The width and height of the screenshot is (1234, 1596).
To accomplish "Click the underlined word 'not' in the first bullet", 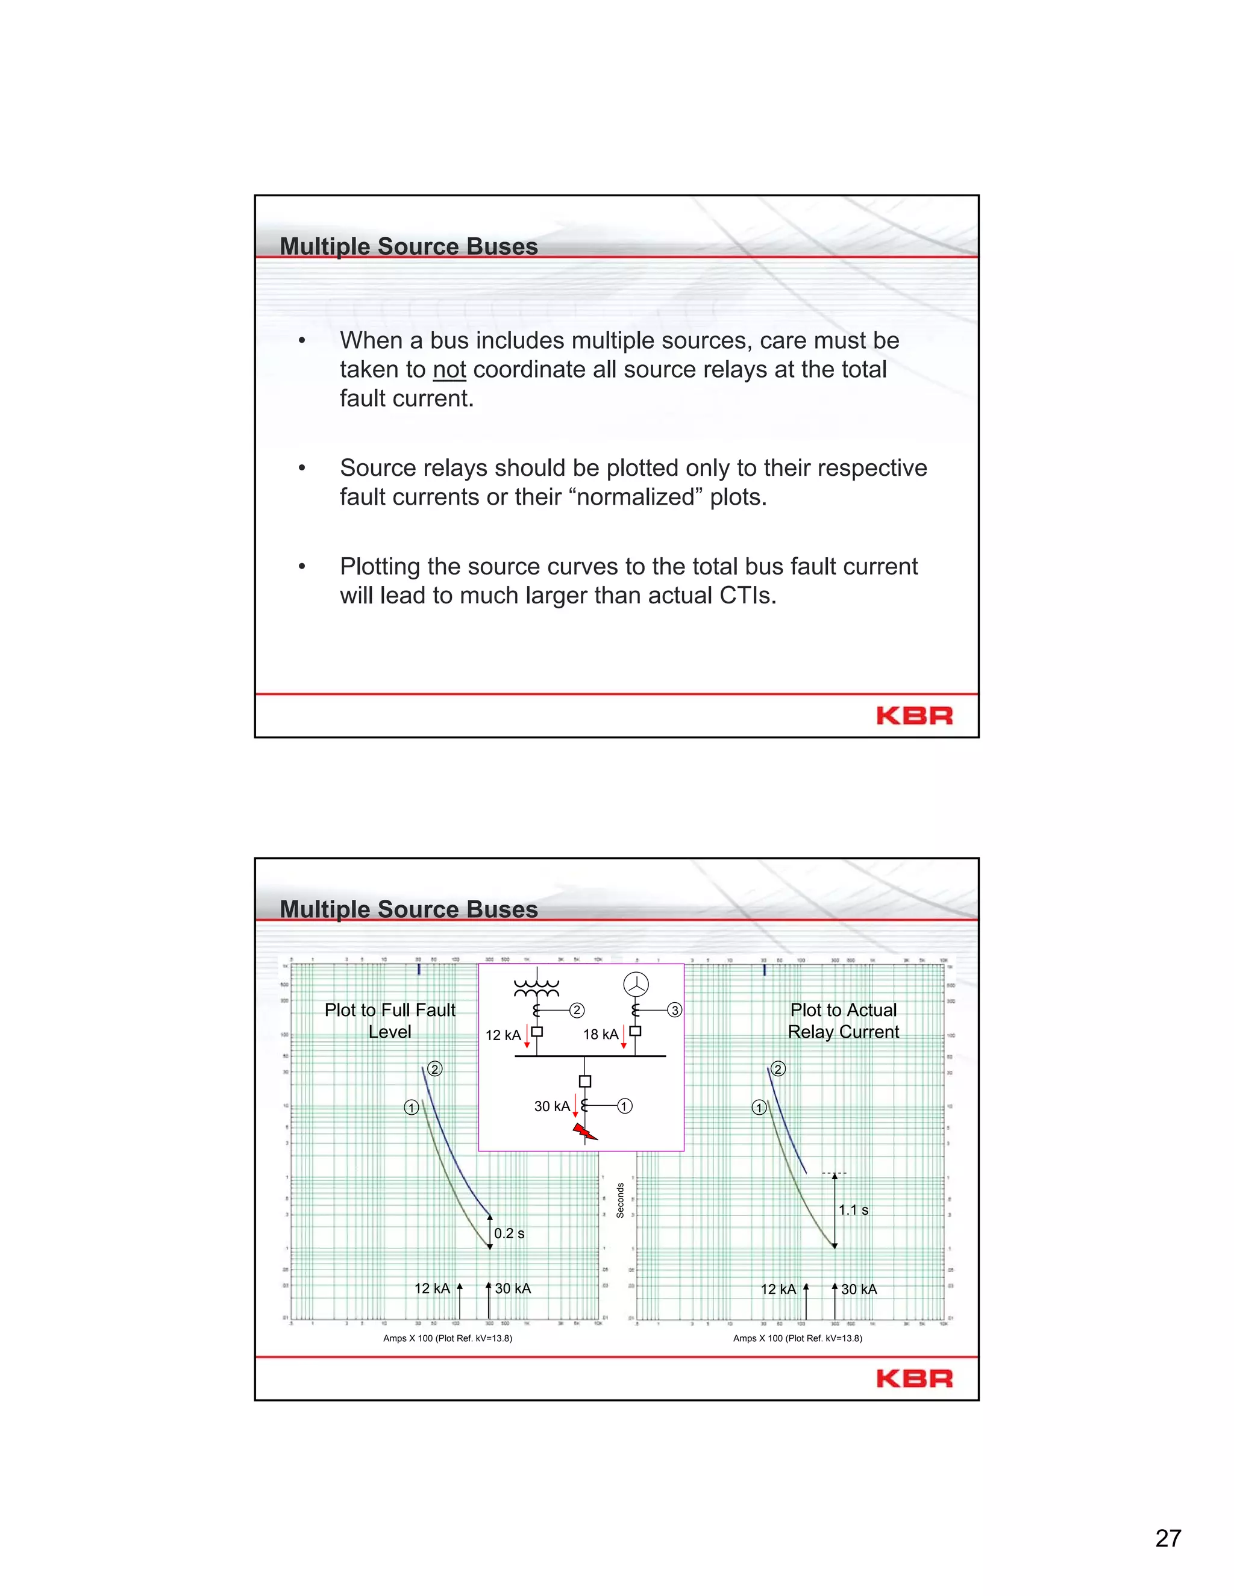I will (x=449, y=370).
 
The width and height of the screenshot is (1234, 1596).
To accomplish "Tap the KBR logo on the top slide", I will (x=914, y=715).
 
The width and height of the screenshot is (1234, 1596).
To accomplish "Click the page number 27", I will (x=1168, y=1538).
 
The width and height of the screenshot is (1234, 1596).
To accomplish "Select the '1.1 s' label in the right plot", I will (x=853, y=1210).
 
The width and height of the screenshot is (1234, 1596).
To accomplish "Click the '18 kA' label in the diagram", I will (x=600, y=1034).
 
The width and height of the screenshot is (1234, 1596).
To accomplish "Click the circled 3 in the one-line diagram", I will (x=674, y=1010).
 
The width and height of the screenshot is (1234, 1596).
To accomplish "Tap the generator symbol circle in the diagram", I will (x=636, y=984).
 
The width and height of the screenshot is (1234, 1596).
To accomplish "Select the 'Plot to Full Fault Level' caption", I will (x=390, y=1021).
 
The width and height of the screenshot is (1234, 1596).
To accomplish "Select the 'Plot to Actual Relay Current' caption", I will (x=843, y=1021).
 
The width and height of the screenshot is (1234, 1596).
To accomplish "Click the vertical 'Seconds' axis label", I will (x=620, y=1200).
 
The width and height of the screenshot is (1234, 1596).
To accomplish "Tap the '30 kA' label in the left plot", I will (x=513, y=1288).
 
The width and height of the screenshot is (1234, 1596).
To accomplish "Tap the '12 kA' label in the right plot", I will (x=778, y=1289).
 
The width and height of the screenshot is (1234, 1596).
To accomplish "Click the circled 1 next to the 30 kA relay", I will (x=624, y=1106).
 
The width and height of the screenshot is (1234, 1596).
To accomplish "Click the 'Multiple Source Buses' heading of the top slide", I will (x=409, y=246).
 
